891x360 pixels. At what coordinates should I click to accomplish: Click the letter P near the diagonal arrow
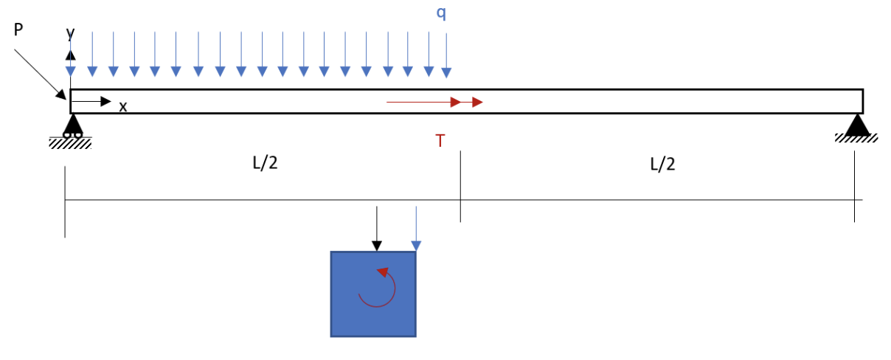(x=18, y=29)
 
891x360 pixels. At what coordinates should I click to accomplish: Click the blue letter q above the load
(x=441, y=13)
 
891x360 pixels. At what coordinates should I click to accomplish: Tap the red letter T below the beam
(x=440, y=141)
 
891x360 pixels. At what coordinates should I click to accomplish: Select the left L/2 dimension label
(x=265, y=163)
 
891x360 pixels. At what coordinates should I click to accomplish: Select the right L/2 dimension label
(x=662, y=164)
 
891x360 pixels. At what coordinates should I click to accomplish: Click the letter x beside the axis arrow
(x=123, y=107)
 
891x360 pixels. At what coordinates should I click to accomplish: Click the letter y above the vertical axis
(x=70, y=33)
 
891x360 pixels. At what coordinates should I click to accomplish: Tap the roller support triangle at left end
(x=72, y=125)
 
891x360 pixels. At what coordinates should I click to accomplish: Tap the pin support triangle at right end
(x=857, y=124)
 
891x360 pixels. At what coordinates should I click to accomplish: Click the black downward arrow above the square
(x=377, y=229)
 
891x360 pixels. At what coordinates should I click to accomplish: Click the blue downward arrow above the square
(x=416, y=229)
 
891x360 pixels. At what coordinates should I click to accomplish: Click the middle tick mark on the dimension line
(x=460, y=187)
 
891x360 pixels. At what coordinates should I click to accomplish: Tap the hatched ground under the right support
(x=856, y=138)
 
